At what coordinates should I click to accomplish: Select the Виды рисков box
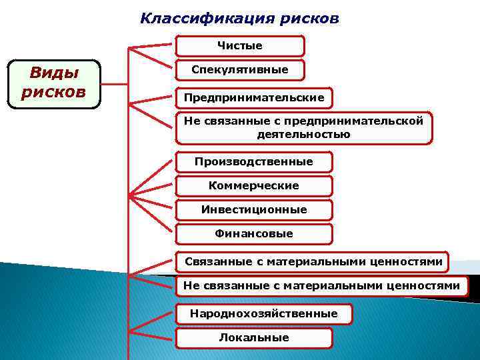[x=53, y=84]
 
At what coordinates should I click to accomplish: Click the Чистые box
[x=240, y=46]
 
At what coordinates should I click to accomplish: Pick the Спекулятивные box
[x=240, y=70]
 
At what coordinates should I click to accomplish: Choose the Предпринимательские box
[x=254, y=98]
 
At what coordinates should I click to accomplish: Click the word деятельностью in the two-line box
[x=303, y=134]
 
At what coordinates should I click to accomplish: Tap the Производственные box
[x=253, y=162]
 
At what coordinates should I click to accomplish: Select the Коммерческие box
[x=253, y=186]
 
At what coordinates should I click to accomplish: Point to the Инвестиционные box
[x=253, y=210]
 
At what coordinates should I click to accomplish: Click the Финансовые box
[x=253, y=234]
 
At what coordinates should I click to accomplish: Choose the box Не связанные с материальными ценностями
[x=321, y=286]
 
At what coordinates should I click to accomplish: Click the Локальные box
[x=253, y=338]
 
